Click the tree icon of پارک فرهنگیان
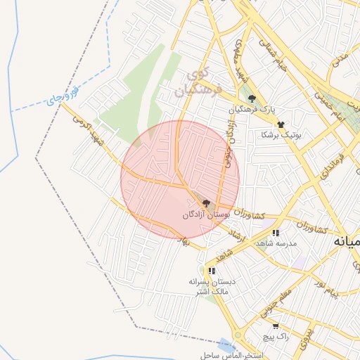pos(252,99)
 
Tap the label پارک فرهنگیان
pos(252,111)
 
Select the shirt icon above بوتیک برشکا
pos(281,123)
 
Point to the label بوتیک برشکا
pos(281,134)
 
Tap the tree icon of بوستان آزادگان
pos(205,202)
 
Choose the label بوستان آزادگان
pos(207,213)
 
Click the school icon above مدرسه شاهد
pos(276,232)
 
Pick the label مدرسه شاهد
pos(276,243)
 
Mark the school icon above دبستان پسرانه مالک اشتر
pos(212,270)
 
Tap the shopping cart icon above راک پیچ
pos(275,326)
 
